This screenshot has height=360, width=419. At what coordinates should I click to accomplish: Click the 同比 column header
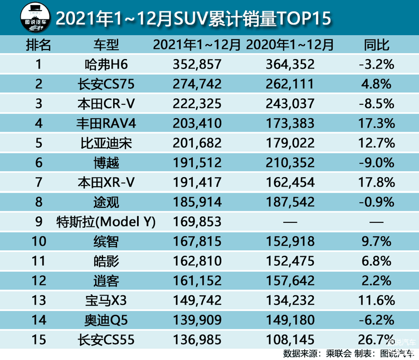[x=377, y=45]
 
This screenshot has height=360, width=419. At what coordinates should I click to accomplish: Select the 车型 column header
[x=106, y=45]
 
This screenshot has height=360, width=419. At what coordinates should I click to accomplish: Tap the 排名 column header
[x=38, y=45]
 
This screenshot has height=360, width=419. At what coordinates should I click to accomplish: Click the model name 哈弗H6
[x=106, y=64]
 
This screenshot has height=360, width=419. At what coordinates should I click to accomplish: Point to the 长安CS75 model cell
[x=106, y=84]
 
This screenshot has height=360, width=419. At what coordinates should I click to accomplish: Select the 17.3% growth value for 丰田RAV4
[x=377, y=123]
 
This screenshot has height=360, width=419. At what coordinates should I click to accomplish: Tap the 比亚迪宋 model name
[x=106, y=143]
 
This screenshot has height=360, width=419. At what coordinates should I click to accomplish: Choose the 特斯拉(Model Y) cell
[x=106, y=222]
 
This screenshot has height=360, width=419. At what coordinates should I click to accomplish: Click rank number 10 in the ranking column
[x=38, y=241]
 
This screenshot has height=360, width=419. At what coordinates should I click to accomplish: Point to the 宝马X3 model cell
[x=106, y=300]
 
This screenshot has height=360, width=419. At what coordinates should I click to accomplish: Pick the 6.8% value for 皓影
[x=377, y=261]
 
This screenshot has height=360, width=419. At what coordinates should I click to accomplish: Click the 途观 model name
[x=106, y=202]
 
